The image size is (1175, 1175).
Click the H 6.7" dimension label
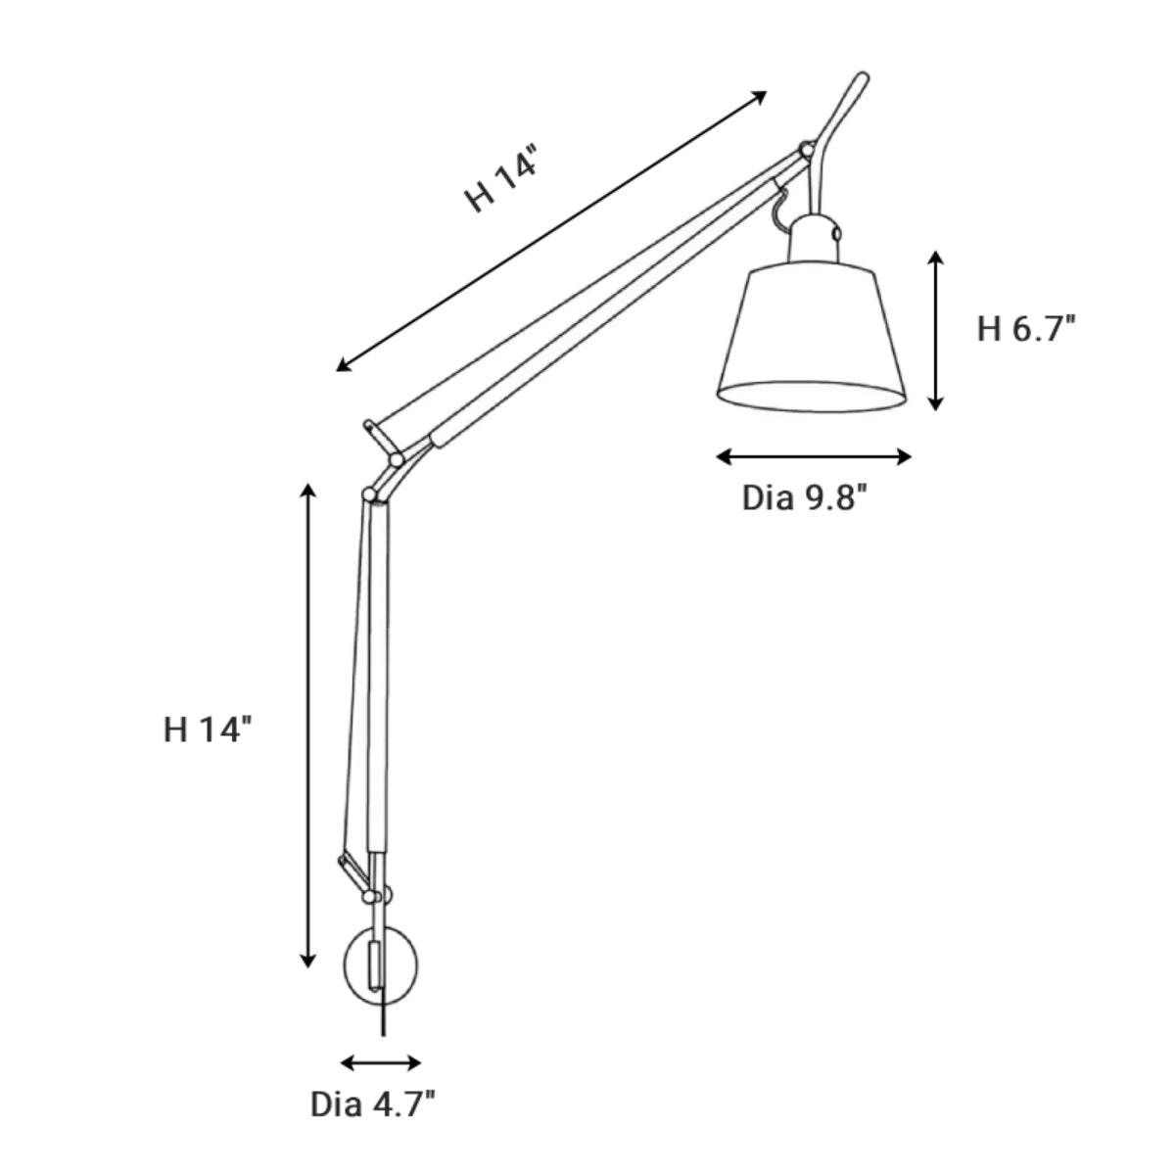(x=1026, y=329)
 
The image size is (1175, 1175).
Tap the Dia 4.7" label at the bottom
(x=372, y=1105)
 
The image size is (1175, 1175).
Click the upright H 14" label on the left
(x=209, y=729)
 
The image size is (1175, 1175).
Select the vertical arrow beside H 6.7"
(x=936, y=329)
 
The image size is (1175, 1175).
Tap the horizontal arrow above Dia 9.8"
(x=814, y=456)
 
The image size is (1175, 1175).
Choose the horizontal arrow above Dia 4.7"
(x=381, y=1063)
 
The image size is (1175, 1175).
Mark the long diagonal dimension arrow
(x=551, y=230)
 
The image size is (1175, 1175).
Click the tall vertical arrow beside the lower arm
(x=308, y=726)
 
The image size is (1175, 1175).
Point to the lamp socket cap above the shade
(x=814, y=241)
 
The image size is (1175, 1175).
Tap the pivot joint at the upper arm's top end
(x=805, y=150)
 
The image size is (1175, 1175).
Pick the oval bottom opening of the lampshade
(x=811, y=396)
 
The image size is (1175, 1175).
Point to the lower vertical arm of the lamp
(x=377, y=676)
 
